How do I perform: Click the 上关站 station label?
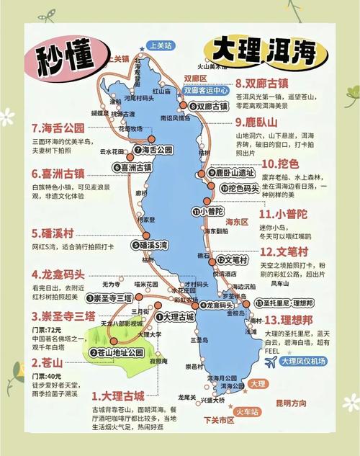(x=160, y=45)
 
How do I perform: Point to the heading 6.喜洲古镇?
(x=58, y=174)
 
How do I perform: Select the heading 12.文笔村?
(x=284, y=252)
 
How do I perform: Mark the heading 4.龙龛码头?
(x=58, y=274)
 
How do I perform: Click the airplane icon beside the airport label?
(x=271, y=362)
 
